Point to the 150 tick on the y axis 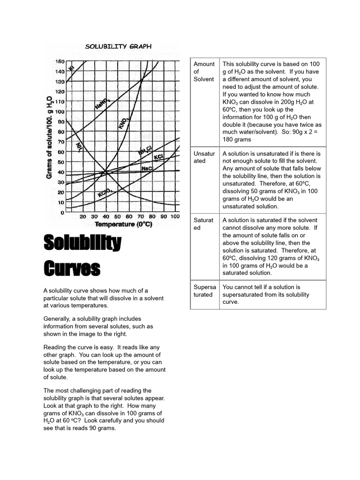60,61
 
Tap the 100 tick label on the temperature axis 175,217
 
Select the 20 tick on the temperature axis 82,217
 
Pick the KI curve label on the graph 72,68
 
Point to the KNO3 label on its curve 123,123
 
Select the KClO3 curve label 105,192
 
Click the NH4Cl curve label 145,150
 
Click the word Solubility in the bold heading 82,243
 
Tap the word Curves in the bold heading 72,269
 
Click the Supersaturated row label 205,291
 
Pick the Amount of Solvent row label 204,71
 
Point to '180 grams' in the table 236,139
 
